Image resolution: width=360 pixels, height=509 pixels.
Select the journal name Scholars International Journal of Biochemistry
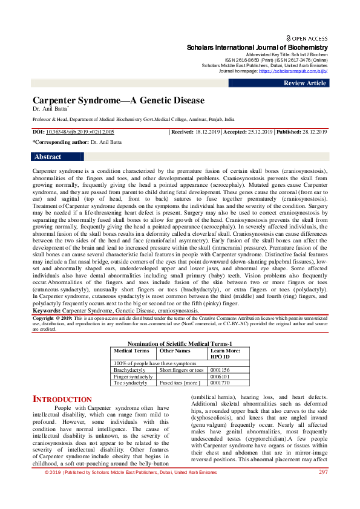(x=257, y=47)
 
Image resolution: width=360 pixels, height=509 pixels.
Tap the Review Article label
(x=305, y=83)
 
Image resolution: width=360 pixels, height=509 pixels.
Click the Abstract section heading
(x=48, y=157)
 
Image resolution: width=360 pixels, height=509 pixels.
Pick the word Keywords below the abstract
(x=47, y=310)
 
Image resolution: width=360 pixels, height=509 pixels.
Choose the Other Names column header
(x=175, y=351)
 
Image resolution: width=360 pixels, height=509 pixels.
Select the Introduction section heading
(x=62, y=400)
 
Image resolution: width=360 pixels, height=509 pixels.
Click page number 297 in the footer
(x=322, y=488)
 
